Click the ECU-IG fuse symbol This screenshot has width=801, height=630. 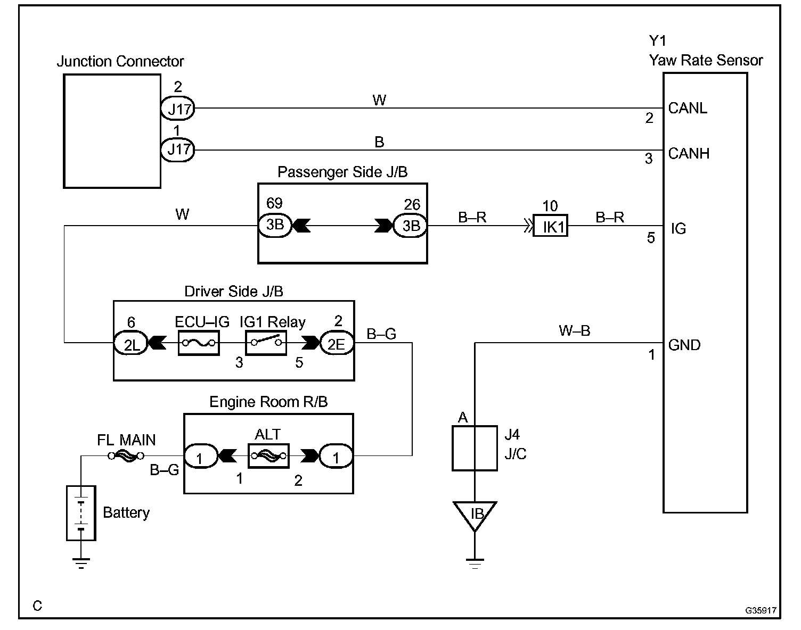(199, 343)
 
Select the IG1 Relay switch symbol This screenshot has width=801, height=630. (266, 343)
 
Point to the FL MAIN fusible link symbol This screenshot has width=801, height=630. (126, 455)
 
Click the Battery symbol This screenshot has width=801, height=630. (81, 513)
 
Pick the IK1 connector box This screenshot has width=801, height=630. (551, 227)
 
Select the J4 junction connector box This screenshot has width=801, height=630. (474, 448)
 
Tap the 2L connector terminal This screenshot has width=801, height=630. (130, 344)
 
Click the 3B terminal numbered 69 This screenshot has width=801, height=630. (275, 226)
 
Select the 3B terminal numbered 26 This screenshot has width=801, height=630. (410, 226)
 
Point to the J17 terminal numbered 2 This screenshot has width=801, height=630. (178, 109)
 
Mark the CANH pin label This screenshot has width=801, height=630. (689, 154)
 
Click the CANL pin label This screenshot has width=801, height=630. (688, 109)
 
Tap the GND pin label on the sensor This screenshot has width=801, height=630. (684, 345)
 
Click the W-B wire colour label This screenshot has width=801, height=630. (574, 331)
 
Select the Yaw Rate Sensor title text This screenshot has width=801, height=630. (706, 61)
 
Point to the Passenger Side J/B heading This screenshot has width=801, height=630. (342, 172)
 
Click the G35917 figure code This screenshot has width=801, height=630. (761, 611)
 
